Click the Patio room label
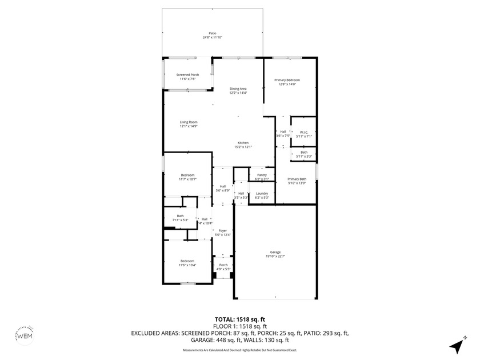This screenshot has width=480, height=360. (x=212, y=33)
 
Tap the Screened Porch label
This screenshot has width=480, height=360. (x=187, y=75)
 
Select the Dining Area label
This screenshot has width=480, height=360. (x=238, y=89)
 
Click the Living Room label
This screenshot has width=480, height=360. (x=189, y=122)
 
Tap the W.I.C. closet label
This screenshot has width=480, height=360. (x=304, y=133)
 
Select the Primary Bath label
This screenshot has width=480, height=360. (x=297, y=179)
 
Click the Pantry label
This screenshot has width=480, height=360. (x=262, y=175)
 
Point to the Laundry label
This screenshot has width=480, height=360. (x=262, y=193)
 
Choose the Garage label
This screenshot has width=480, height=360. (x=275, y=252)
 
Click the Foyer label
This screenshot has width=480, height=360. (x=223, y=230)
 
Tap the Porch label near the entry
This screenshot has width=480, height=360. (x=223, y=265)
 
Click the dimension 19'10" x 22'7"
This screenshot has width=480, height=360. (x=275, y=256)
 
